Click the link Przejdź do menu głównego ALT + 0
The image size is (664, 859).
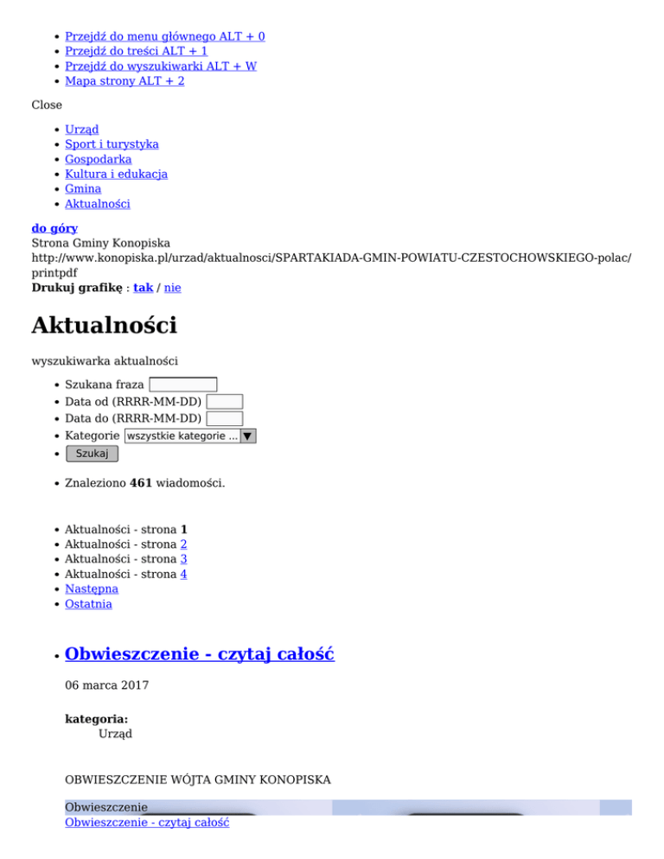165,36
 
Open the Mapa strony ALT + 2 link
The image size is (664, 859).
124,80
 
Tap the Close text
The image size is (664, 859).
47,105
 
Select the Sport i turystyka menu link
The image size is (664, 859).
112,144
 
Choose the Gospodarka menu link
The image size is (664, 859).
99,159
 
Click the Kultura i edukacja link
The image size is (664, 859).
116,174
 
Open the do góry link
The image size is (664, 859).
54,229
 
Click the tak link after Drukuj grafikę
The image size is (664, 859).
143,288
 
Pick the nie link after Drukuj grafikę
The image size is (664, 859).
173,288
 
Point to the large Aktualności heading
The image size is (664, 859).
104,326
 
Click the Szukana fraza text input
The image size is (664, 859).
182,385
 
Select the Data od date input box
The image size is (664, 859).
225,402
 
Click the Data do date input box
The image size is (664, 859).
224,419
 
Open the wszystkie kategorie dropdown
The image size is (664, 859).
190,436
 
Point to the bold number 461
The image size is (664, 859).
141,483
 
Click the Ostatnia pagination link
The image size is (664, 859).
88,603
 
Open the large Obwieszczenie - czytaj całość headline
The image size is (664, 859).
200,654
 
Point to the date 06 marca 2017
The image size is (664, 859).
106,685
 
